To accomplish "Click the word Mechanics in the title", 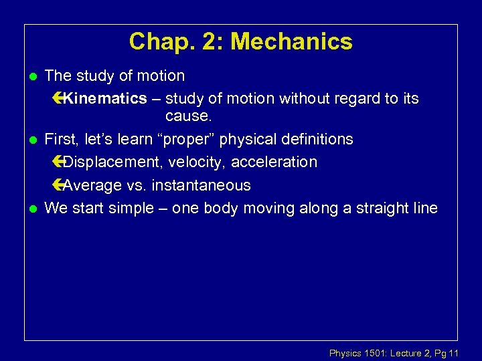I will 291,41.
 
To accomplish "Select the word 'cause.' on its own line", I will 187,116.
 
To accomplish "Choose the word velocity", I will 197,162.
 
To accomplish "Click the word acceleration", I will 274,162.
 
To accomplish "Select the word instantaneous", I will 201,185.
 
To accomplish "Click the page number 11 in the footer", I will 455,353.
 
